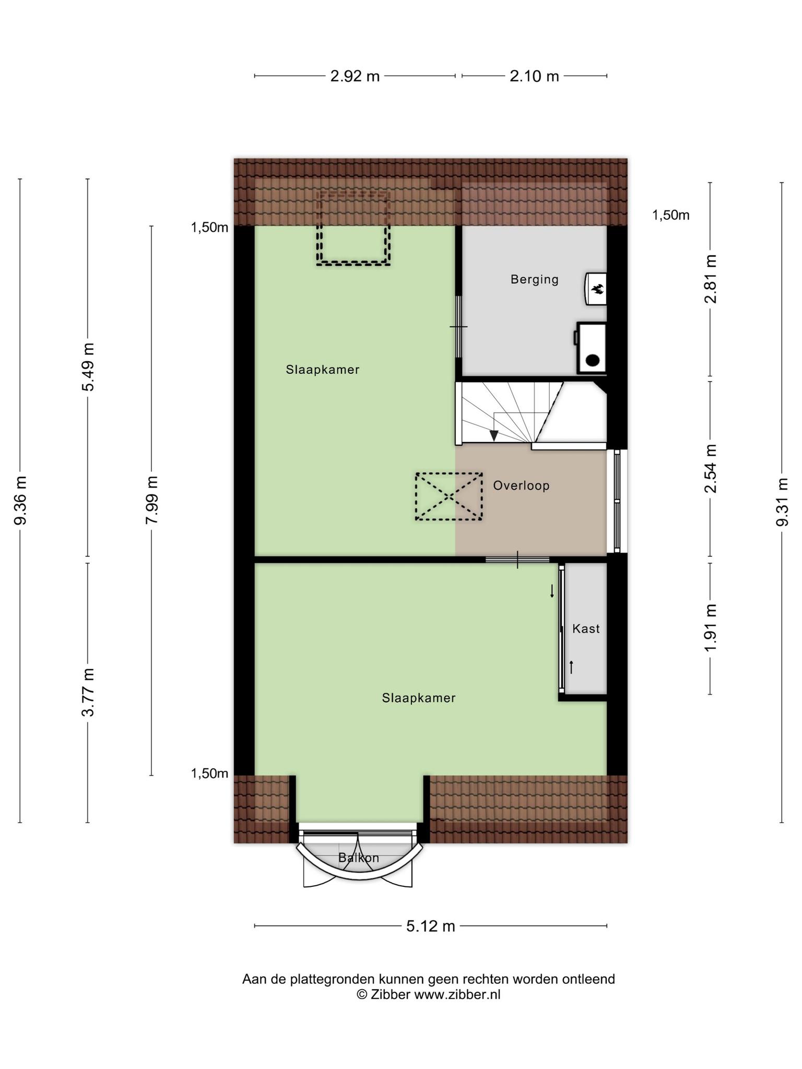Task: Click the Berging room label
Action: (x=534, y=280)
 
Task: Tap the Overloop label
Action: (x=521, y=486)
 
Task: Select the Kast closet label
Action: (x=586, y=629)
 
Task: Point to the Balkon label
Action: (x=358, y=858)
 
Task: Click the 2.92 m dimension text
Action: (x=355, y=76)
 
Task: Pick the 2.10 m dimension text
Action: (x=534, y=76)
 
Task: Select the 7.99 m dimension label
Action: (x=151, y=501)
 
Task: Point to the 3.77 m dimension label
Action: (x=88, y=692)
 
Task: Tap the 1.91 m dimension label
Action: (x=710, y=628)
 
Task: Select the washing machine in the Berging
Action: (x=592, y=348)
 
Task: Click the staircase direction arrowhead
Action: (x=494, y=435)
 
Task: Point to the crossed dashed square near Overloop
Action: (x=449, y=496)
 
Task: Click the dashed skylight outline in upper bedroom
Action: (x=353, y=228)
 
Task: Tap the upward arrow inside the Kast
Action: (x=572, y=667)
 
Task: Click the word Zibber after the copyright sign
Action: (x=391, y=994)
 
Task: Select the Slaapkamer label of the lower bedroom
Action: (x=419, y=698)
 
